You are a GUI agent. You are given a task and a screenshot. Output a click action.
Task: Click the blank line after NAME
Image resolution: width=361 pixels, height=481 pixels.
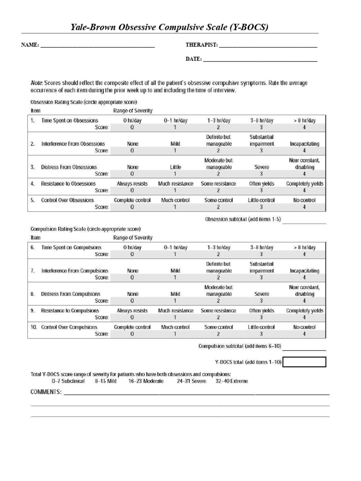tap(97, 47)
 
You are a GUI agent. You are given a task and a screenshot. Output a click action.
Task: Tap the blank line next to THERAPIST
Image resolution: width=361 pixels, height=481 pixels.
tap(268, 47)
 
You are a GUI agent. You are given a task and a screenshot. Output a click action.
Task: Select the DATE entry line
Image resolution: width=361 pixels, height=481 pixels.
tap(260, 61)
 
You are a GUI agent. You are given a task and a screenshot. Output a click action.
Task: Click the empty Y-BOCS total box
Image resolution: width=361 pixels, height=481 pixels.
tap(305, 362)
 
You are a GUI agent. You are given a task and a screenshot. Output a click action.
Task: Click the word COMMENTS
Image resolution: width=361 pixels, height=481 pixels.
tap(46, 392)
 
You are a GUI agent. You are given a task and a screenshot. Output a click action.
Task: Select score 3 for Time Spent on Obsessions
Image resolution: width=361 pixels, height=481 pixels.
tap(261, 127)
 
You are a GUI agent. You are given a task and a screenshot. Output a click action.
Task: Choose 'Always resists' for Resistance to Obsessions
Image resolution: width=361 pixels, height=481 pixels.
tap(132, 184)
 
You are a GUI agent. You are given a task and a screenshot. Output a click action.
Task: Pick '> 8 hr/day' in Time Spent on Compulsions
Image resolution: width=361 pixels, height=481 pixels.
tap(304, 247)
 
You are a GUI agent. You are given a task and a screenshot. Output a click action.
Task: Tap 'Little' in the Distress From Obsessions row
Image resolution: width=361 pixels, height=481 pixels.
tap(175, 167)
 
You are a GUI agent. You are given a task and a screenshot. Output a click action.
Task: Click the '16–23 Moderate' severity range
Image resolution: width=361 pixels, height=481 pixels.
tap(146, 381)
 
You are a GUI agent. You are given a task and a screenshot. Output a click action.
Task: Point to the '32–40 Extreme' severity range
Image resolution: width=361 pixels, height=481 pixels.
tap(232, 381)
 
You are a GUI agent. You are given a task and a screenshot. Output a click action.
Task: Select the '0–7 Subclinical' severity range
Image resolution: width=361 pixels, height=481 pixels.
tap(68, 381)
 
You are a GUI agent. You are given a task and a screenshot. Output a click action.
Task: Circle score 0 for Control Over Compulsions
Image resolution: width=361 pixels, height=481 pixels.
tap(132, 334)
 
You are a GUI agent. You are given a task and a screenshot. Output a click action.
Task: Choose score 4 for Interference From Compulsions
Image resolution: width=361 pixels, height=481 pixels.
tap(304, 278)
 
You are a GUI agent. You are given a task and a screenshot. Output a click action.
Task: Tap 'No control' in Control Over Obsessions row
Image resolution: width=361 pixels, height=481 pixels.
tap(304, 200)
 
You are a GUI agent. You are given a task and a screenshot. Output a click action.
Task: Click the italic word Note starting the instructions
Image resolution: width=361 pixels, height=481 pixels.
tap(37, 83)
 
